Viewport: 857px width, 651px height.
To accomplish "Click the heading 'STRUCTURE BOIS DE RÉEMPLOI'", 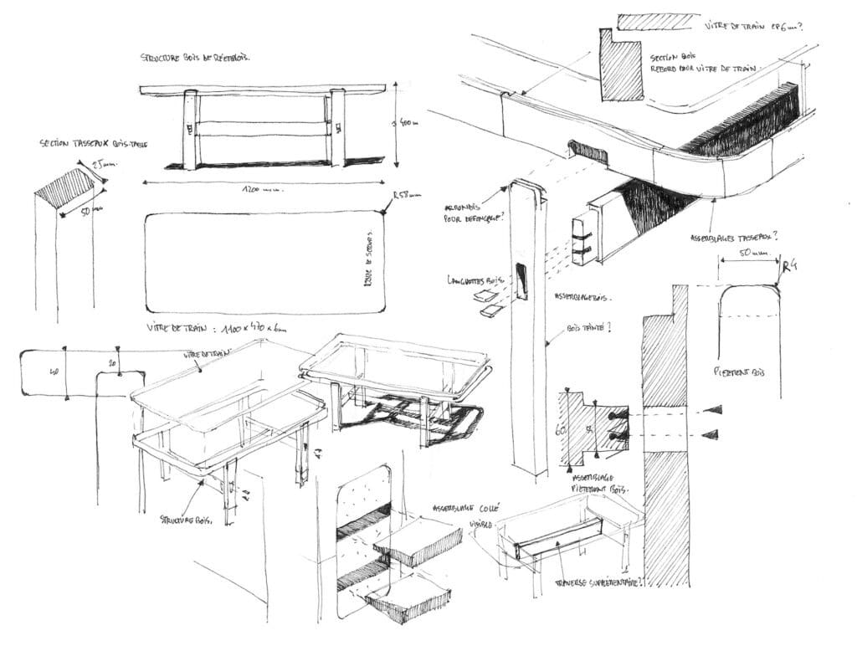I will coord(195,58).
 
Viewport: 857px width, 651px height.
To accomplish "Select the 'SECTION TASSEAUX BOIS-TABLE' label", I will coord(93,144).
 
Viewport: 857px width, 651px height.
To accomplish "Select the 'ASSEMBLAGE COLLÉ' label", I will coord(465,508).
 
